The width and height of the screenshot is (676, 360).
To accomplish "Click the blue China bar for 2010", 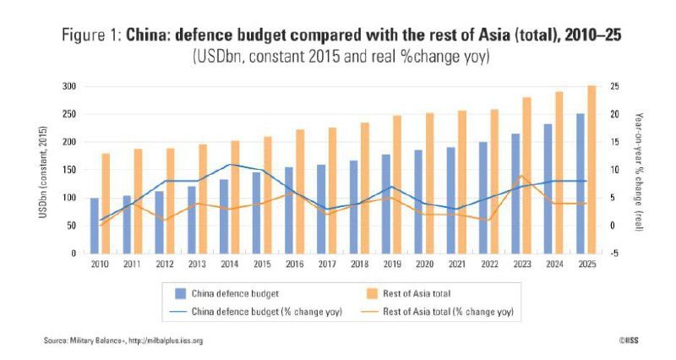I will point(95,226).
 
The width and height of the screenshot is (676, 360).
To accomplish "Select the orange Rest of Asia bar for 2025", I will point(591,169).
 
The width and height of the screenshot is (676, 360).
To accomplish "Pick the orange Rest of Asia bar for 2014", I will point(236,197).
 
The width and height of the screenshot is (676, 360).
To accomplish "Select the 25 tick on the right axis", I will point(613,86).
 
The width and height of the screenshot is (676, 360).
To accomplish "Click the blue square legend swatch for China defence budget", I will point(180,293).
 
